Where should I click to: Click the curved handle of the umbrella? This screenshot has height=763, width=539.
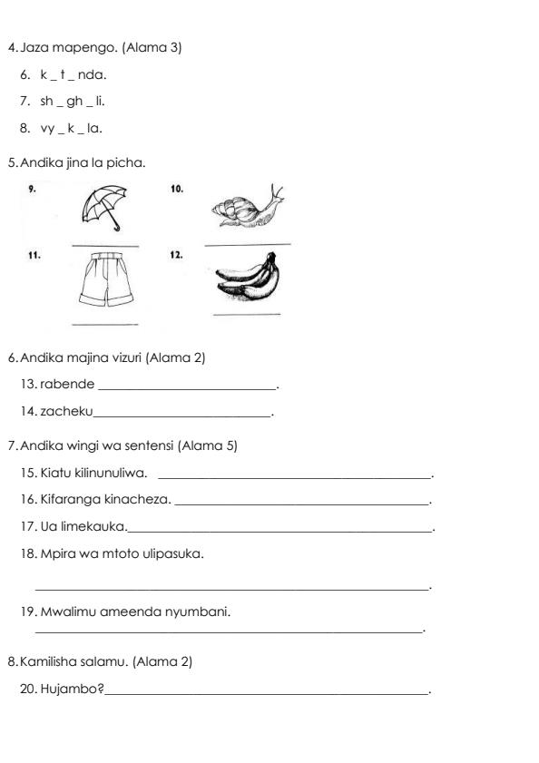[116, 228]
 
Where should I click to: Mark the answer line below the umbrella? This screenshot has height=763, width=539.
[104, 246]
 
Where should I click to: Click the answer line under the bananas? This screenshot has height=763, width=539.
[246, 315]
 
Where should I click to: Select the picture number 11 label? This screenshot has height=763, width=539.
[34, 256]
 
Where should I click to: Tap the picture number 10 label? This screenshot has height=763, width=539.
[176, 189]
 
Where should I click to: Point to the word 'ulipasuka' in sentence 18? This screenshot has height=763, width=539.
[173, 553]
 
